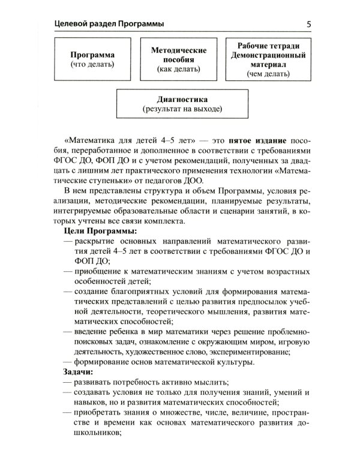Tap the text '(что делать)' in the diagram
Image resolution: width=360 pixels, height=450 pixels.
tap(92, 63)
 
